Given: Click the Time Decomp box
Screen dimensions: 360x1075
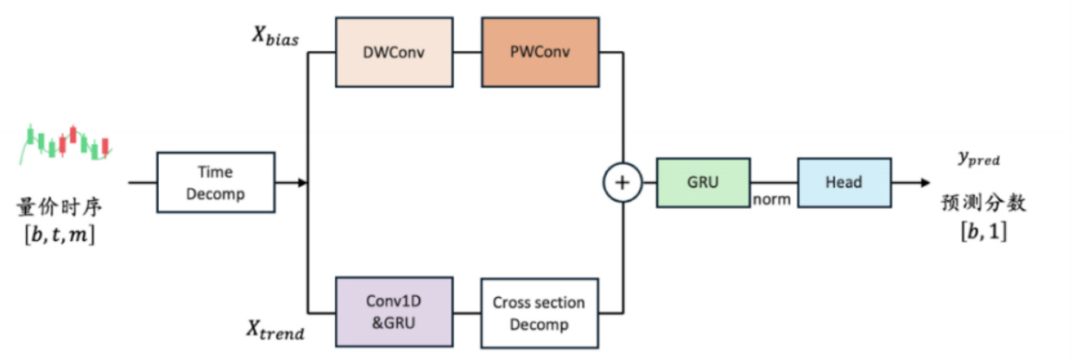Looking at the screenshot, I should click(216, 183).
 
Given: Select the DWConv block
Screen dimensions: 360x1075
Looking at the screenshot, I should click(395, 52).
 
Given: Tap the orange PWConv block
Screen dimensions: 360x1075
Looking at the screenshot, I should click(540, 52).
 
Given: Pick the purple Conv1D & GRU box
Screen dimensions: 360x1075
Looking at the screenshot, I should click(394, 313).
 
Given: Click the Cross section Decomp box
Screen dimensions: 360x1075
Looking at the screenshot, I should click(539, 313).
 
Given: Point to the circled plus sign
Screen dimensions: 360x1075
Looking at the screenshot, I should click(622, 183).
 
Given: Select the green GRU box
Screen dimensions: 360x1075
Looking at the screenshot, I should click(703, 182).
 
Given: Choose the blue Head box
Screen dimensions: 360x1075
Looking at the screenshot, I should click(843, 182).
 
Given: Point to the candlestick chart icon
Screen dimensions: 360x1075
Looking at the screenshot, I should click(68, 143).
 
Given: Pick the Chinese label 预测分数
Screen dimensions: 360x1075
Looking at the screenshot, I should click(982, 206).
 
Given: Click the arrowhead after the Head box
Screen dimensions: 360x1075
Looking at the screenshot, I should click(925, 183).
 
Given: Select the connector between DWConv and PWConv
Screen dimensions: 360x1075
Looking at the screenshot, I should click(468, 52).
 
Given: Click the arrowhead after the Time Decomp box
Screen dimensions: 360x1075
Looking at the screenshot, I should click(302, 183).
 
